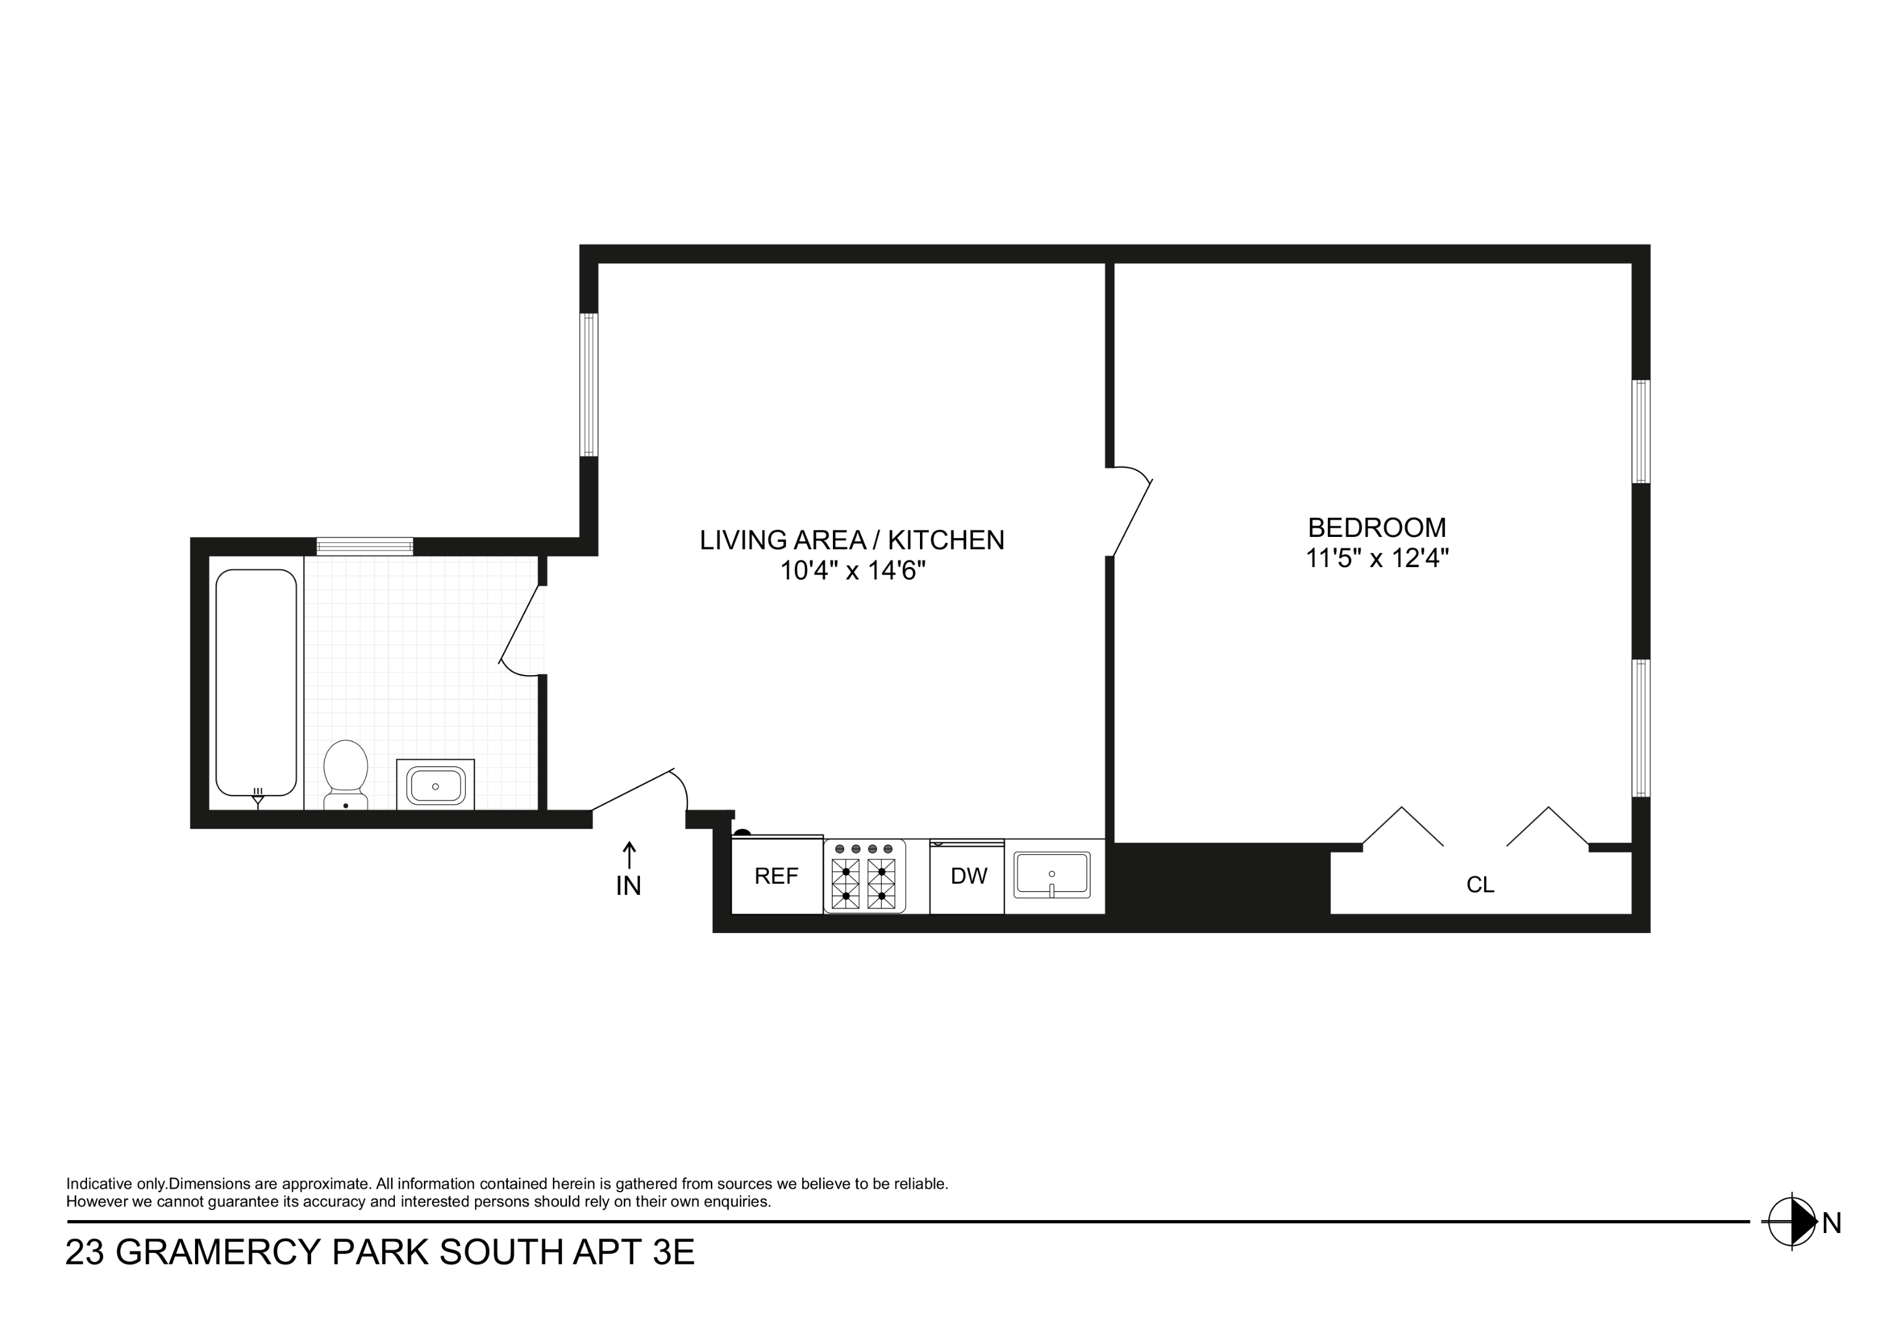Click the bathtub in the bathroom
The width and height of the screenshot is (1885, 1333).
click(256, 683)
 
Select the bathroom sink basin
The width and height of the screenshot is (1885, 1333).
click(435, 786)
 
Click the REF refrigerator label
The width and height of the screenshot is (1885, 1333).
click(776, 876)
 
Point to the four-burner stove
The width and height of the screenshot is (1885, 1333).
click(864, 876)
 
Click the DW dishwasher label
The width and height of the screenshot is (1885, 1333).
click(968, 876)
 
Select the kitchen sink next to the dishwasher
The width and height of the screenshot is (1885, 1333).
click(1051, 874)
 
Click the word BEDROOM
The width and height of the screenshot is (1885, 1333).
click(1377, 527)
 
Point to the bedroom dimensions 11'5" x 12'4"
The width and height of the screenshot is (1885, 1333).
click(1377, 559)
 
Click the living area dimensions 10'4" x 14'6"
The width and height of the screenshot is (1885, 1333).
click(852, 571)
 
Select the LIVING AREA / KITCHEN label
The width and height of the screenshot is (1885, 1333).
click(852, 539)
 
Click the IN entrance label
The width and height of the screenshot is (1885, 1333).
click(629, 886)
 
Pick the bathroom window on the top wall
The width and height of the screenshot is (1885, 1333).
click(365, 546)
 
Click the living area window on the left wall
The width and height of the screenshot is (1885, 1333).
click(589, 384)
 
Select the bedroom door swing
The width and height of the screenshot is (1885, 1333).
click(1132, 513)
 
